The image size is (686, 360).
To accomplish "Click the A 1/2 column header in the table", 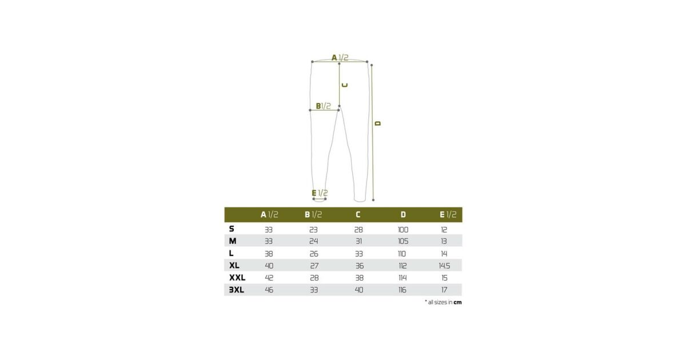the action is coord(269,215).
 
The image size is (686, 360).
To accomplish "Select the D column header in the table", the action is coord(403,215).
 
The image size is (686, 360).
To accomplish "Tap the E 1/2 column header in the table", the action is coord(448,215).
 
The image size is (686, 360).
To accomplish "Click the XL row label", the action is coord(234,265).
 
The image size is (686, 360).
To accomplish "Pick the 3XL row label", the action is coord(237,290).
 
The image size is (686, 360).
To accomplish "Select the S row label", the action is coord(232,229).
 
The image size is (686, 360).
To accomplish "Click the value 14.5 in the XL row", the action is coord(444,266).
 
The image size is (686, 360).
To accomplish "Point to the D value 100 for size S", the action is coord(403,230).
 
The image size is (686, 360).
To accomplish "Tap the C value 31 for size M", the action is coord(358,241).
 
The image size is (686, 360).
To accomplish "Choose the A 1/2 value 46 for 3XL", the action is coord(269,290).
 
